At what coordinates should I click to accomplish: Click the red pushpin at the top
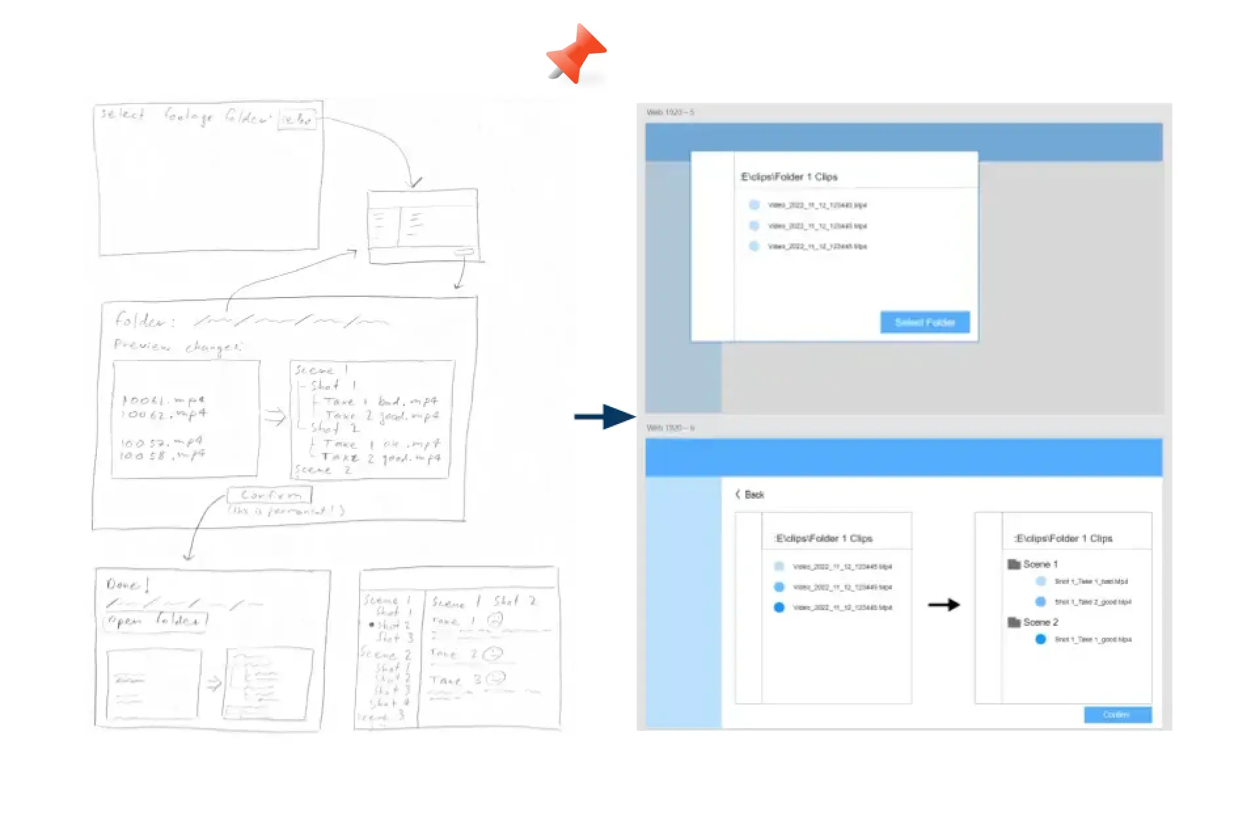coord(576,53)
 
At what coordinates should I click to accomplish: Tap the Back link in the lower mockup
coord(750,495)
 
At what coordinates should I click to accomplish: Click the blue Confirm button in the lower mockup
coord(1117,714)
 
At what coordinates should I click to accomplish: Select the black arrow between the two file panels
coord(944,605)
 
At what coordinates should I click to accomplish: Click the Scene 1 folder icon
coord(1014,564)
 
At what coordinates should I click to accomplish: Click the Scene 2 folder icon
coord(1014,622)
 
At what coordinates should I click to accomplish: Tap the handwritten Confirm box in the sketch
coord(270,495)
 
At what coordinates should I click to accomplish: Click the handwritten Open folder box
coord(155,620)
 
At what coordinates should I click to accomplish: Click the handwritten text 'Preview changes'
coord(177,345)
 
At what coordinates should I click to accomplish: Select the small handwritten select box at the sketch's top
coord(297,119)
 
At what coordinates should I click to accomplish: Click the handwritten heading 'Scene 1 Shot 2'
coord(483,602)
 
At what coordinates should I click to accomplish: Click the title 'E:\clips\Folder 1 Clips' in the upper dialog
coord(789,177)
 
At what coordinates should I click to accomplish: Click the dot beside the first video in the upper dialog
coord(754,205)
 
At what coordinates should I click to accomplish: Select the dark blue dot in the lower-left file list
coord(779,608)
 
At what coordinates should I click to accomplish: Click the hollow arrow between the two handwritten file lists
coord(275,417)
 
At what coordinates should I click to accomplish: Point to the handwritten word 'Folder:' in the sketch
coord(144,320)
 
